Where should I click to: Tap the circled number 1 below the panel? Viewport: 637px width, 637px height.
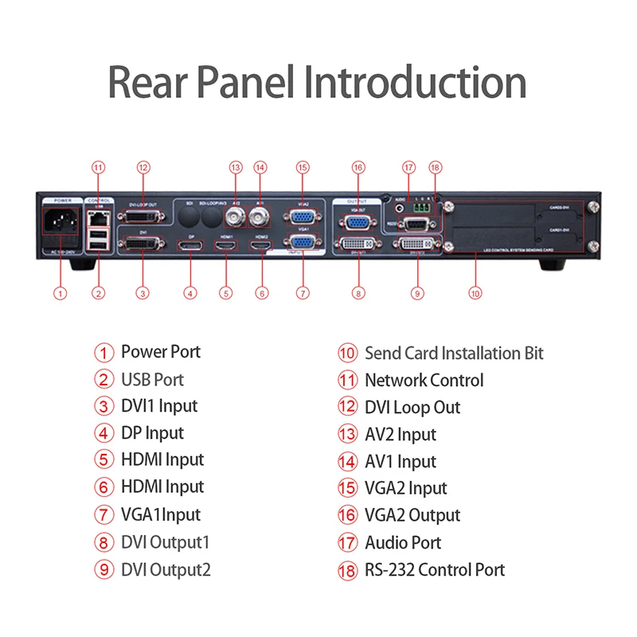[x=60, y=293]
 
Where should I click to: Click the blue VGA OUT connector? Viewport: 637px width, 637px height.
[x=357, y=223]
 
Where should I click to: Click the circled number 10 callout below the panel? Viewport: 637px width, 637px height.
[x=475, y=293]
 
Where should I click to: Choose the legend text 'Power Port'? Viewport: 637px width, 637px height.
[x=160, y=352]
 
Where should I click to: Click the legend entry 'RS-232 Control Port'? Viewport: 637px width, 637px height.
[x=435, y=569]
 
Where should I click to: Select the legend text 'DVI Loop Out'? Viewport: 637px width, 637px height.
[x=412, y=407]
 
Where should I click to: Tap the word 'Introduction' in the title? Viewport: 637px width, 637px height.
[x=416, y=82]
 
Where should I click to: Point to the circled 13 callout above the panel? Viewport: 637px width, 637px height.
[x=235, y=167]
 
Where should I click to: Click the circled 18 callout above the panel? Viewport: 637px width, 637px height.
[x=435, y=167]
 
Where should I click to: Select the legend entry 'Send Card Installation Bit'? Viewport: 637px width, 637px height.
[x=454, y=352]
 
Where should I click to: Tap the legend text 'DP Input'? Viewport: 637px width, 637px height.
[x=152, y=433]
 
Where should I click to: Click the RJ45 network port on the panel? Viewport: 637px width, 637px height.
[x=96, y=215]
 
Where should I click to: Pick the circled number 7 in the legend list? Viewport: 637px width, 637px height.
[x=105, y=515]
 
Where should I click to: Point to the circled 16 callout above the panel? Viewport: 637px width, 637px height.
[x=359, y=167]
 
